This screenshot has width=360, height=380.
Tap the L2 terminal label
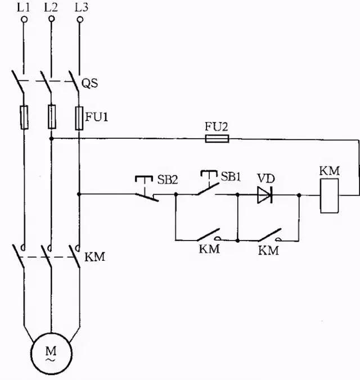[x=51, y=7]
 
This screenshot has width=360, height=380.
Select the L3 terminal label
[x=79, y=7]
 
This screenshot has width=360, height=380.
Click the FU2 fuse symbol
[x=217, y=138]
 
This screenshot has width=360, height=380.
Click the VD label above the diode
[x=264, y=178]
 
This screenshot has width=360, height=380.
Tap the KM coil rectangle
[x=330, y=195]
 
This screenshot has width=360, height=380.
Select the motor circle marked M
[x=51, y=352]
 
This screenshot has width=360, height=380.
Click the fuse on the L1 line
[x=24, y=117]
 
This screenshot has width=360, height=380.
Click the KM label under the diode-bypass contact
[x=269, y=251]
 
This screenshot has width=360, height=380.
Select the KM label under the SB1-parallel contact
[x=209, y=249]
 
